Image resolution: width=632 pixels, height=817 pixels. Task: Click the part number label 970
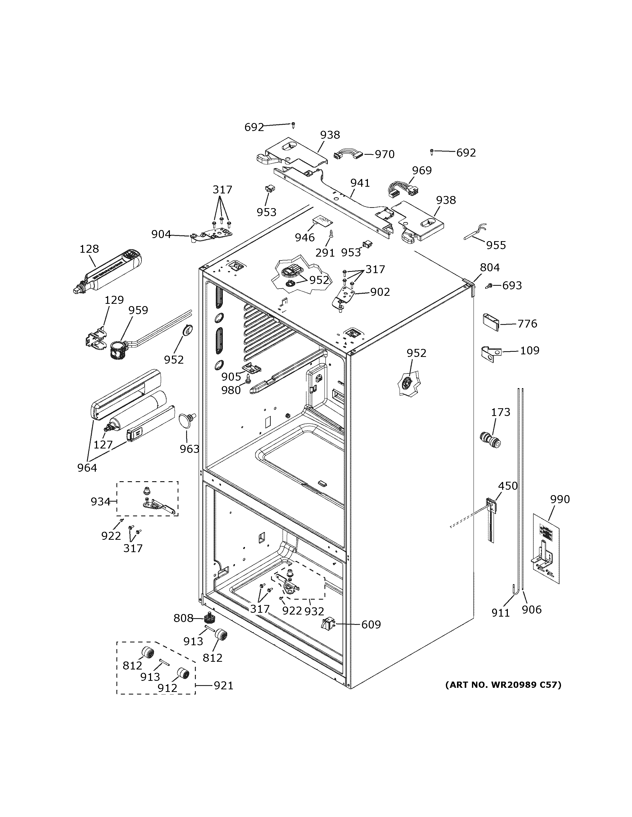[384, 154]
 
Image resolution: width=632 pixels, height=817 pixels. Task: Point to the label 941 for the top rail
[360, 183]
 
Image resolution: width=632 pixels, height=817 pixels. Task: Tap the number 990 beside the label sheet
[560, 499]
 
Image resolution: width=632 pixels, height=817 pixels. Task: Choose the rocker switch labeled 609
[328, 624]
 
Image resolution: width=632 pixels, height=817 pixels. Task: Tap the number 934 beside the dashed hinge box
[100, 501]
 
